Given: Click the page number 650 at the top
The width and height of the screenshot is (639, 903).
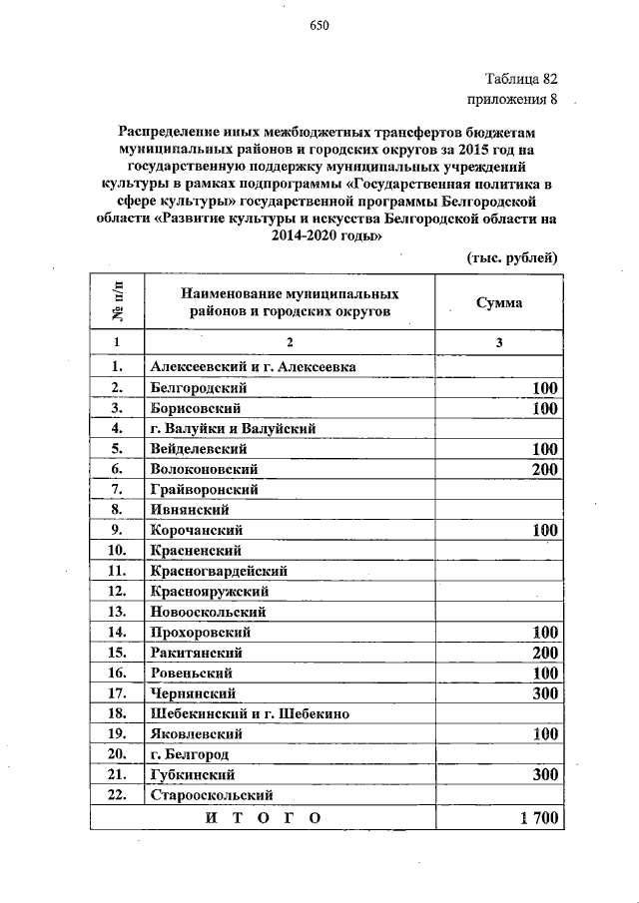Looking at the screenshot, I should coord(319,26).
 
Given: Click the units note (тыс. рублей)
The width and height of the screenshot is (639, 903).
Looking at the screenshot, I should coord(512,256).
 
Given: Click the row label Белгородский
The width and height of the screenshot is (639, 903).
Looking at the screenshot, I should coord(199,387).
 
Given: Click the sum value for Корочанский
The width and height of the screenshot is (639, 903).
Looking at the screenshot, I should coord(545,530).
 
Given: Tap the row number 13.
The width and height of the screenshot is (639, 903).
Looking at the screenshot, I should coord(117,611).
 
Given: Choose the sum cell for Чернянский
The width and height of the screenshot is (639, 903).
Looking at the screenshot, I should coord(545,692).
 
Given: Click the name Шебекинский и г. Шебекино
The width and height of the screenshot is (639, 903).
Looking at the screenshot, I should coord(250,712).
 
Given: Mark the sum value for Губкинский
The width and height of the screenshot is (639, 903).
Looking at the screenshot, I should coord(545,773).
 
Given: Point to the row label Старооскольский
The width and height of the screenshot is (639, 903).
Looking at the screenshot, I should coord(212,794).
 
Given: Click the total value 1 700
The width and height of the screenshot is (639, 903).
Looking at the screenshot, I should coord(540,817).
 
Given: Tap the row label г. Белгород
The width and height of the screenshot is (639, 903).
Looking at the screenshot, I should coord(190,753).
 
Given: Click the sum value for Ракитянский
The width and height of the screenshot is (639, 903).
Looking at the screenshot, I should coord(545,652).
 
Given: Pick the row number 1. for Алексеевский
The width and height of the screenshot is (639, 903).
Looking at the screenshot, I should coord(117,366).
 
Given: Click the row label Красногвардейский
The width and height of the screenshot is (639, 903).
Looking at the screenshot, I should coord(219,571).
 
